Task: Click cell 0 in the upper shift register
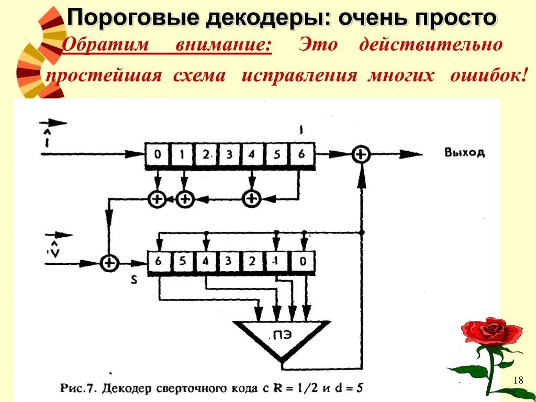point(157,154)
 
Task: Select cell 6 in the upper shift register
point(300,154)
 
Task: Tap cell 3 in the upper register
point(229,154)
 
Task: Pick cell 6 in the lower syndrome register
point(158,261)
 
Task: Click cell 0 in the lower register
point(300,261)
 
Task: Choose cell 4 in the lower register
point(206,261)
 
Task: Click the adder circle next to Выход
point(361,154)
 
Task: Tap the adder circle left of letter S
point(109,262)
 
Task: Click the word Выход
point(464,153)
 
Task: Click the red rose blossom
point(491,331)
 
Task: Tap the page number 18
point(519,380)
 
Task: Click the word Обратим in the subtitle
point(106,45)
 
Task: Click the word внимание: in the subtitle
point(223,45)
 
